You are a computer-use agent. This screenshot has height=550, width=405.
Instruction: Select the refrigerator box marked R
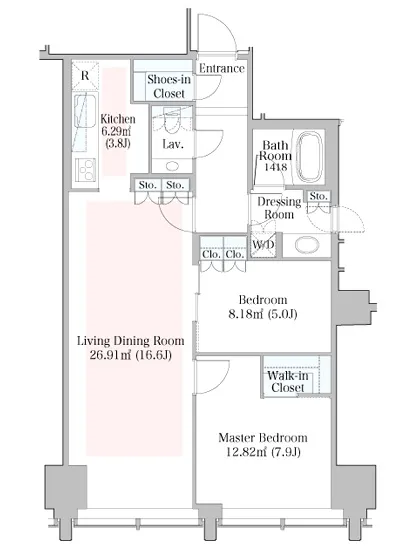(85, 75)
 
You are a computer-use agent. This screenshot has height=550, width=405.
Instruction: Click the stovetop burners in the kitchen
(86, 170)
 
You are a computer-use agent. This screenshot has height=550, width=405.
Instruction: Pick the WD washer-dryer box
(263, 244)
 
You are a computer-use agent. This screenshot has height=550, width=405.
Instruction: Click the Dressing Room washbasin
(307, 245)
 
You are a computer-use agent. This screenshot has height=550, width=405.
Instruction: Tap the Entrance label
(222, 68)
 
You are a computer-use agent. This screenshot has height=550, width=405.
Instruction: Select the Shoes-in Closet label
(169, 86)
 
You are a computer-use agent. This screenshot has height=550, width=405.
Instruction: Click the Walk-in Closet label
(288, 382)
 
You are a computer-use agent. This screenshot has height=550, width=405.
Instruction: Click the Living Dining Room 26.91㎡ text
(110, 355)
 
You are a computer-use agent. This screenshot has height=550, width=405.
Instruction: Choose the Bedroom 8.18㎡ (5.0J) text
(263, 307)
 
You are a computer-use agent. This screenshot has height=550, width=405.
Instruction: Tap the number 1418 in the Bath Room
(275, 167)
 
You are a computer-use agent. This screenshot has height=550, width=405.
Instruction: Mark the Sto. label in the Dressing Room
(318, 196)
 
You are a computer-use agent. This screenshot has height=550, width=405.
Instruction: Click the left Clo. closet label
(211, 254)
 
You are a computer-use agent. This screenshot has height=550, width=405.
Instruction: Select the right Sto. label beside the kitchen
(175, 185)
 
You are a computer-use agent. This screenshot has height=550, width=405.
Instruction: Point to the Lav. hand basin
(172, 166)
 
